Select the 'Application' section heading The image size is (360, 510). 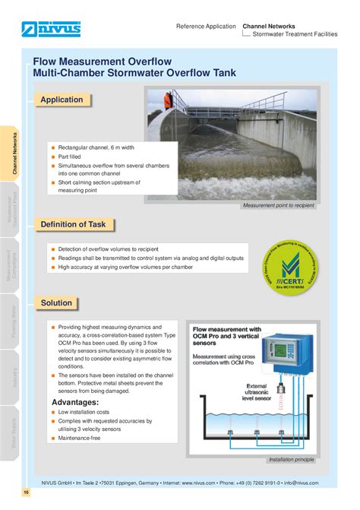pos(62,100)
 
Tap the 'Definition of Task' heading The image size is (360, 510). pos(73,224)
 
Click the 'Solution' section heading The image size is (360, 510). pos(56,303)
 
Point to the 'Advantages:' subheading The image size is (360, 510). pos(75,402)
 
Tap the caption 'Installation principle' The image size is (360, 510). pos(291,460)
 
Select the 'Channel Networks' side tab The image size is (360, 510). pos(14,154)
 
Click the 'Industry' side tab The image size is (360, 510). pos(14,375)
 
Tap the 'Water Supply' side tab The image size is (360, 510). pos(14,443)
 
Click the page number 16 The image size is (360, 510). pos(26,493)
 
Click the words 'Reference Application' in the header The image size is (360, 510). pos(206,26)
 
